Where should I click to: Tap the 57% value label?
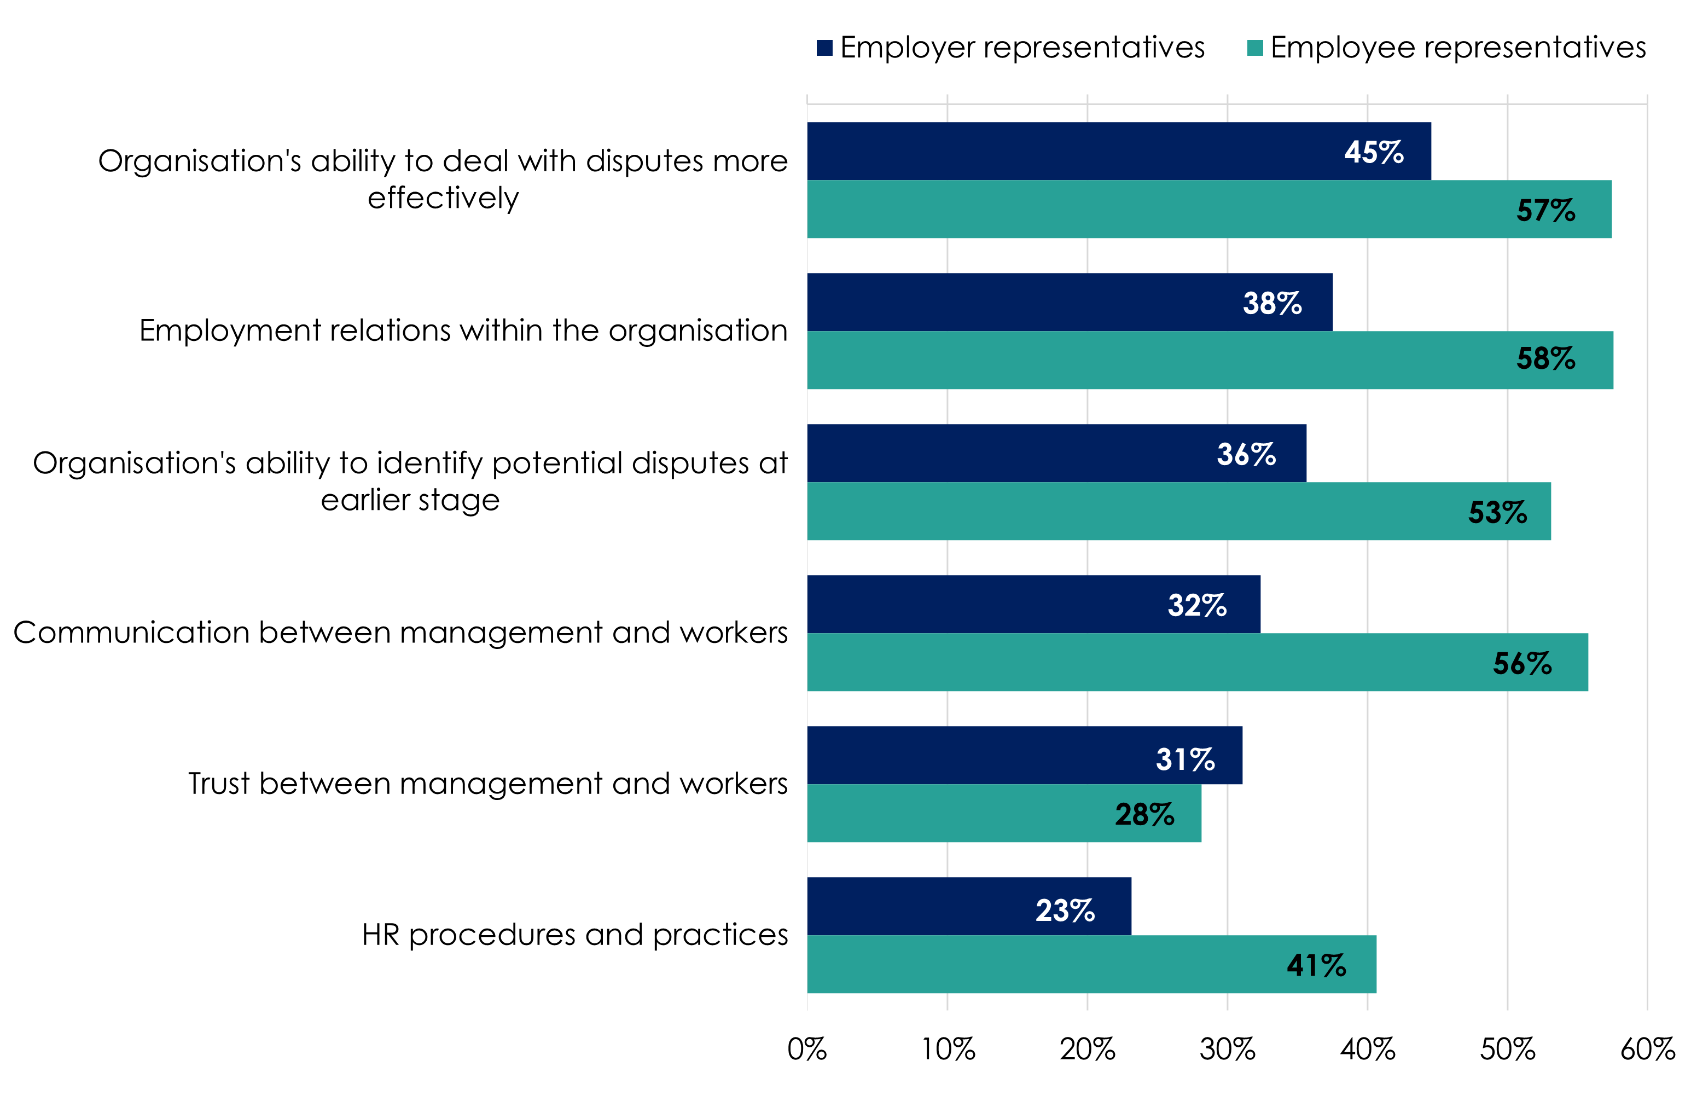click(x=1545, y=210)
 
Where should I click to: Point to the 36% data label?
click(x=1246, y=454)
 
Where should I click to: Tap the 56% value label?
click(x=1522, y=664)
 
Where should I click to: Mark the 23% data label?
click(x=1065, y=910)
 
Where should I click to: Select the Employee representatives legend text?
click(x=1458, y=48)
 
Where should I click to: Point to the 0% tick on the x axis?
click(x=807, y=1049)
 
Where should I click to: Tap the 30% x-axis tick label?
click(x=1227, y=1049)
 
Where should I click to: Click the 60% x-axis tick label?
click(x=1647, y=1049)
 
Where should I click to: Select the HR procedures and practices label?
click(x=574, y=935)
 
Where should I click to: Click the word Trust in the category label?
click(x=219, y=784)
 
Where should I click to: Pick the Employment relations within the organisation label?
click(x=463, y=331)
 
